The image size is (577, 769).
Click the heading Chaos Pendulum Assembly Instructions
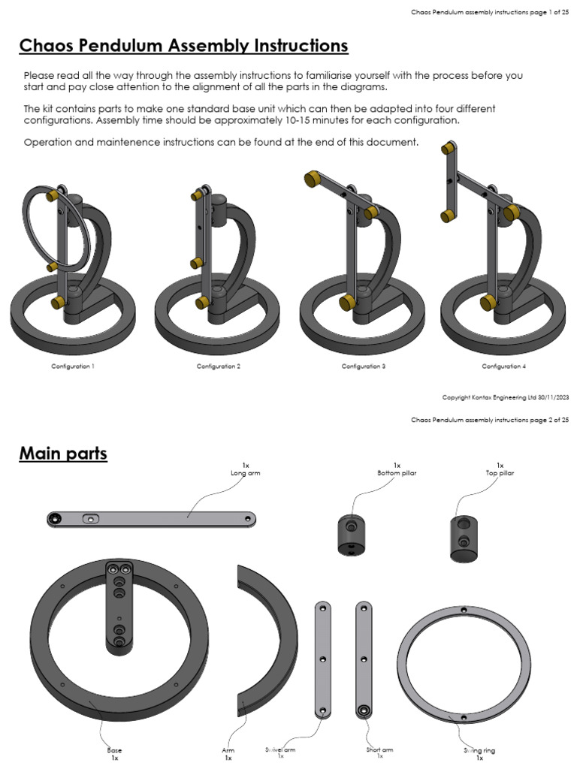(x=183, y=47)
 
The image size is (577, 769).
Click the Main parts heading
(x=63, y=454)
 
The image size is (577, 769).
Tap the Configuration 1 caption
(x=73, y=366)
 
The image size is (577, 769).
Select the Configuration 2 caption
(x=219, y=366)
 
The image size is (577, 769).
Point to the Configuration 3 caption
(x=364, y=366)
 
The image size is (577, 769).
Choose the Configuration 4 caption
(x=503, y=366)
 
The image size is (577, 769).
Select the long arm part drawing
(x=150, y=518)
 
